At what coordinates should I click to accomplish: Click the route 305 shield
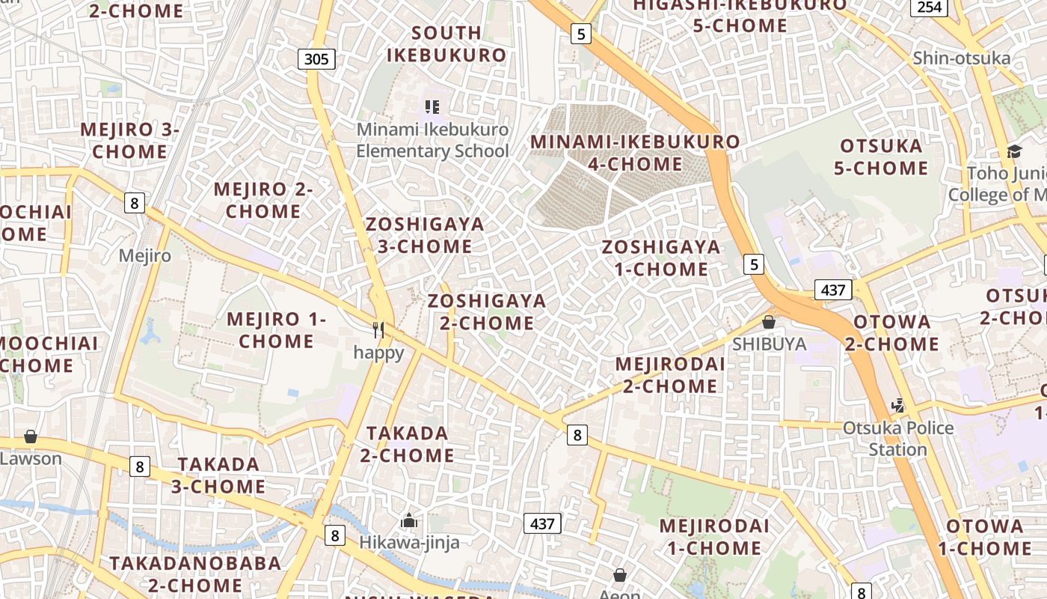pos(316,58)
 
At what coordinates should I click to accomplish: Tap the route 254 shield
pos(929,7)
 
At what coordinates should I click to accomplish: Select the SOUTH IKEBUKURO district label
pos(446,44)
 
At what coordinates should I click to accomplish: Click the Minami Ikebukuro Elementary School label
pos(432,140)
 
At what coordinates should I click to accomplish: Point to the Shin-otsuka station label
pos(961,58)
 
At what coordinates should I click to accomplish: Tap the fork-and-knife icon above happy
pos(379,329)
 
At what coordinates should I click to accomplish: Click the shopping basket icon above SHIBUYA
pos(769,322)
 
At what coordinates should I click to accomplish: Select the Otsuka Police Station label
pos(898,439)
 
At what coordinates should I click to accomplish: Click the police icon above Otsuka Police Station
pos(898,406)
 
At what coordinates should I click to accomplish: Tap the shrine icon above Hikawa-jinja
pos(409,520)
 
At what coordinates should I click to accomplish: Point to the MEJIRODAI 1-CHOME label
pos(713,537)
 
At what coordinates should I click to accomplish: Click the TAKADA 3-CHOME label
pos(218,475)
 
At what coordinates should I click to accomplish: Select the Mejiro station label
pos(145,255)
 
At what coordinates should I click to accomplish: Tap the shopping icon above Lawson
pos(31,437)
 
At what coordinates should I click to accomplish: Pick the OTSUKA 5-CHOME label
pos(881,156)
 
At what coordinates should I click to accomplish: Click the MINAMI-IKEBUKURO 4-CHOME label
pos(635,153)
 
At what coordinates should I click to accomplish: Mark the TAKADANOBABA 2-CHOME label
pos(195,574)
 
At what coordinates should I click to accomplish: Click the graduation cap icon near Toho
pos(1014,152)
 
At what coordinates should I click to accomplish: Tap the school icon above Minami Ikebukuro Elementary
pos(432,107)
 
